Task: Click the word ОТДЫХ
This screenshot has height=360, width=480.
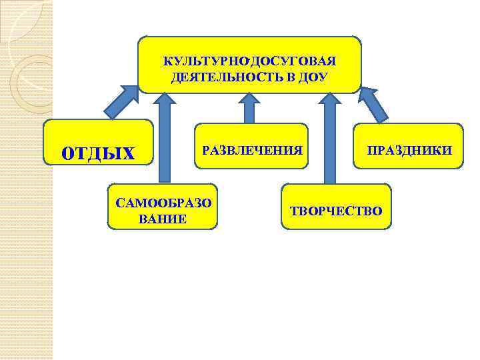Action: point(98,153)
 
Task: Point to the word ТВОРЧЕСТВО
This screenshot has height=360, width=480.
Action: point(336,211)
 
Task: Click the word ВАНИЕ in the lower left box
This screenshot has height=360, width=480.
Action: point(163,219)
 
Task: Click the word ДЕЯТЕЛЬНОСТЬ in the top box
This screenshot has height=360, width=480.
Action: point(221,77)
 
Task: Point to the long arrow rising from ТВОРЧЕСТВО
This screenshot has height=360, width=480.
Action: point(329,137)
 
